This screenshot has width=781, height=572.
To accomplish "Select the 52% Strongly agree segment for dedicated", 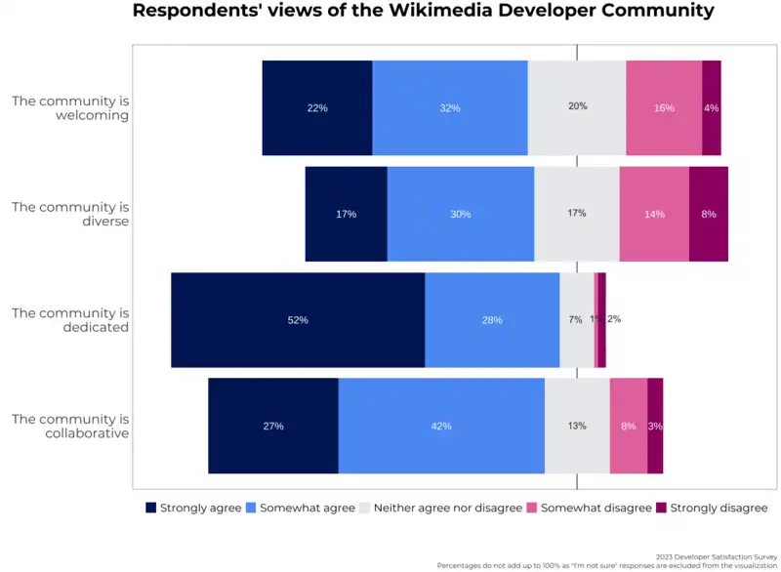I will (x=298, y=320).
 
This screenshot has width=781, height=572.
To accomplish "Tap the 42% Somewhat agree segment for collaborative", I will (x=441, y=426).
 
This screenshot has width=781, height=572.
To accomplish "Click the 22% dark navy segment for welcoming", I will (x=317, y=107).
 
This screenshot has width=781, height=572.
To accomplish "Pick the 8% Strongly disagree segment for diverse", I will (x=709, y=214).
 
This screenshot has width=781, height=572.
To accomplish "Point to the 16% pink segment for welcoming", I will (x=664, y=107).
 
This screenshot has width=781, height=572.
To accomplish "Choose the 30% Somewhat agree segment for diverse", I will (x=461, y=214).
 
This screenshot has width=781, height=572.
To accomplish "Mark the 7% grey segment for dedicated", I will (x=576, y=320).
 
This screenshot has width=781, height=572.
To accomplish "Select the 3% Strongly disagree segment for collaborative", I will (x=655, y=426).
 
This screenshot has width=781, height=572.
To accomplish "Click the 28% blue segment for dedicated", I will (x=492, y=320).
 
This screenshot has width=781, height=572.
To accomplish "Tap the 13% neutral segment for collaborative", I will (x=577, y=426).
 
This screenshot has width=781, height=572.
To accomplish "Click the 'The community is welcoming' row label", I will (x=70, y=107).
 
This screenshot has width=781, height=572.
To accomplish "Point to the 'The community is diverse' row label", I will (x=70, y=214).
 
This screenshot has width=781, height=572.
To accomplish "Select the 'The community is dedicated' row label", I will (x=70, y=320).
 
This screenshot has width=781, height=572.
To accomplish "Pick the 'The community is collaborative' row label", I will (x=70, y=426).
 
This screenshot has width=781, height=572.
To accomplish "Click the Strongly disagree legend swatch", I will (x=660, y=508).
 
